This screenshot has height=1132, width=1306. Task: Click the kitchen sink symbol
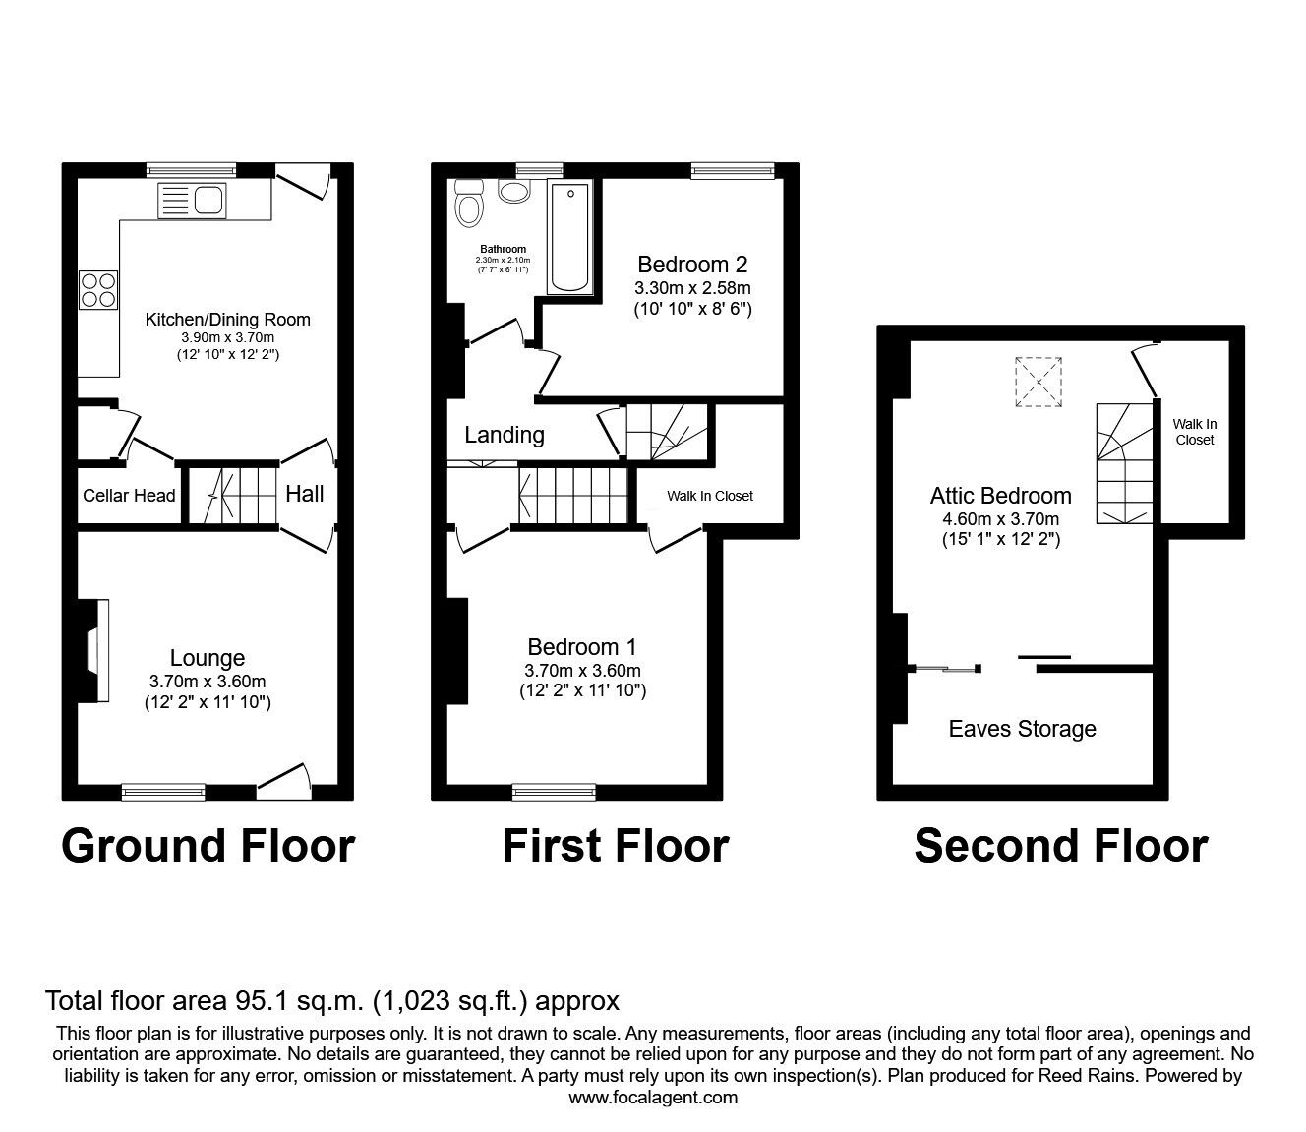tap(192, 201)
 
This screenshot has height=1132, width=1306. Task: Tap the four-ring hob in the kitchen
tap(98, 290)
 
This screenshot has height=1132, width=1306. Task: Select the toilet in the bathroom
tap(468, 205)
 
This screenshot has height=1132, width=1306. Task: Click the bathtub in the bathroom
tap(570, 237)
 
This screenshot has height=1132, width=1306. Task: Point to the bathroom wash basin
tap(513, 190)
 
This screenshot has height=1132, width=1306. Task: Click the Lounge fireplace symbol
tap(94, 650)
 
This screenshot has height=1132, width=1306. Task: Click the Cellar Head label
tap(129, 495)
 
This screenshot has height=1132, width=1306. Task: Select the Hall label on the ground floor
tap(305, 494)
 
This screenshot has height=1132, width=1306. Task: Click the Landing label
tap(505, 435)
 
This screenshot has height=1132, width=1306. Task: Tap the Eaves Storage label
tap(1022, 729)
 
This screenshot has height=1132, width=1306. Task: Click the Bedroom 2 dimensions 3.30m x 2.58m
tap(693, 288)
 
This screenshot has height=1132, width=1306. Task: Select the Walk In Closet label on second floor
tap(1194, 432)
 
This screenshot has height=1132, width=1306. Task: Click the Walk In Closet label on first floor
tap(710, 496)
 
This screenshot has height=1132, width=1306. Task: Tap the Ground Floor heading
tap(208, 846)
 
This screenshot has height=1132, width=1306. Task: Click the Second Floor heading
tap(1060, 846)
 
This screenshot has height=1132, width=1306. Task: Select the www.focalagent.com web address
tap(653, 1097)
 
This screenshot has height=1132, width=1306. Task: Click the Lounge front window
tap(163, 789)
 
